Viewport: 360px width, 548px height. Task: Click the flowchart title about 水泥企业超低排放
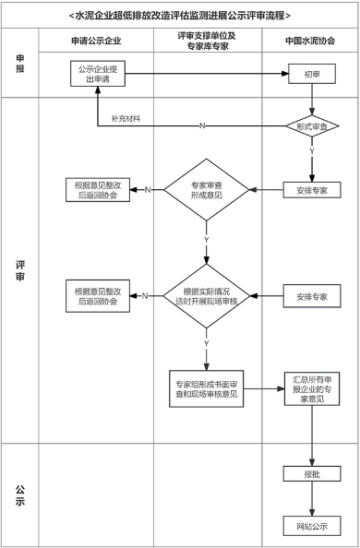(x=180, y=15)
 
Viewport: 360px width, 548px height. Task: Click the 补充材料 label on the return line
(x=127, y=119)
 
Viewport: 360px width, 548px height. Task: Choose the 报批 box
(x=313, y=474)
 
